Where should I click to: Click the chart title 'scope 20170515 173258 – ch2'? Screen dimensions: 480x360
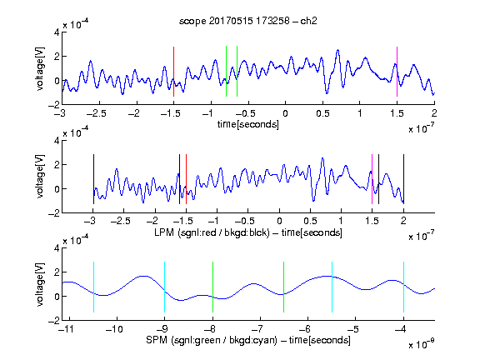(248, 21)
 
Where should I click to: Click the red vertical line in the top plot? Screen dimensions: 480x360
(173, 72)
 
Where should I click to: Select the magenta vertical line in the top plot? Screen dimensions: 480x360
(397, 72)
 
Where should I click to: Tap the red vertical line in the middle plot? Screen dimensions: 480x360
(186, 179)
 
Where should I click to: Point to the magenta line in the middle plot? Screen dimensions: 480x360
(372, 179)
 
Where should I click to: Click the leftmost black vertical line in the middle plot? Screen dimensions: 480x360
(93, 179)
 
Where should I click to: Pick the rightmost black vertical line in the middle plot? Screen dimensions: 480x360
(403, 179)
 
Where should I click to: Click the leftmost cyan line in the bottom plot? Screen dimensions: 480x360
(93, 287)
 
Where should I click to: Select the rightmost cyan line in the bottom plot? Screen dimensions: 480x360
(403, 287)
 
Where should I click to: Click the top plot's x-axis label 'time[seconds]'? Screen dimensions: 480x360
(248, 124)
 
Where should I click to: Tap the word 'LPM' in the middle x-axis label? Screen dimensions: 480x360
(164, 232)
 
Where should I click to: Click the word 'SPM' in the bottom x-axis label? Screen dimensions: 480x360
(157, 340)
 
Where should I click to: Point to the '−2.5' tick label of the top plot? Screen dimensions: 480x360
(96, 113)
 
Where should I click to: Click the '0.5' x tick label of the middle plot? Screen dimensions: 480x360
(310, 221)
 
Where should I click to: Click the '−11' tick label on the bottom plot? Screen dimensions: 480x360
(67, 329)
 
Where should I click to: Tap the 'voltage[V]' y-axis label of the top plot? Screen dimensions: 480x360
(40, 68)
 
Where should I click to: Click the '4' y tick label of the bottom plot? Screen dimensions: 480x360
(57, 248)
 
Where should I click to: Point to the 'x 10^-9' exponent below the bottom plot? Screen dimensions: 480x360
(421, 344)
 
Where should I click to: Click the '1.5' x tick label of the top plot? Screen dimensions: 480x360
(397, 113)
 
